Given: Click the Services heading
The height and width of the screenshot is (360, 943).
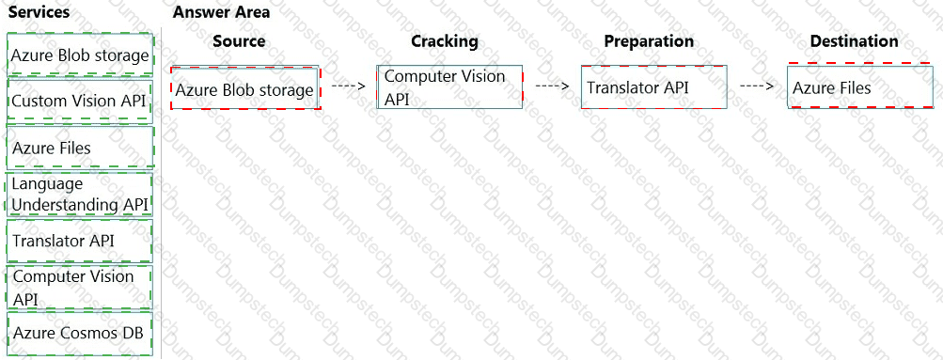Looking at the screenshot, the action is pyautogui.click(x=39, y=12).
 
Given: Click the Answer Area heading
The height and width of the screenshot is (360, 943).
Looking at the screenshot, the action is pyautogui.click(x=221, y=12).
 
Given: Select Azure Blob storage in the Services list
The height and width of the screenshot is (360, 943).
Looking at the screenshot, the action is pyautogui.click(x=81, y=55).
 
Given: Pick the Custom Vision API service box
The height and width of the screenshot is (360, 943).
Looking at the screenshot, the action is pyautogui.click(x=81, y=101).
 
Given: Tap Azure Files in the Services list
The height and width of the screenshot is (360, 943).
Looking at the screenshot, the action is pyautogui.click(x=81, y=148).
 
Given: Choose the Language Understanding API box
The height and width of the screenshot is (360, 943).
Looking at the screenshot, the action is pyautogui.click(x=81, y=195).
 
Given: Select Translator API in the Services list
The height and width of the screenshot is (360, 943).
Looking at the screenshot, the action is pyautogui.click(x=81, y=241).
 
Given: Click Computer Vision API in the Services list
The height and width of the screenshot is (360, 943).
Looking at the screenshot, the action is pyautogui.click(x=81, y=287).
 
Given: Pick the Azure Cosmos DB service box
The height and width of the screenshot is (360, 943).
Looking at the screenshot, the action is pyautogui.click(x=81, y=333).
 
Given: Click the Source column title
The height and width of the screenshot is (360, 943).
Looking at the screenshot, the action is pyautogui.click(x=239, y=40).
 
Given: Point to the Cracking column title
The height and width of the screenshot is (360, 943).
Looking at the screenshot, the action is pyautogui.click(x=445, y=40).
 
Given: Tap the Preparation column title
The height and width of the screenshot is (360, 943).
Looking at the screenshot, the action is pyautogui.click(x=649, y=40).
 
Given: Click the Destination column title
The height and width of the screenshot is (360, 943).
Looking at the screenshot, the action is pyautogui.click(x=855, y=40).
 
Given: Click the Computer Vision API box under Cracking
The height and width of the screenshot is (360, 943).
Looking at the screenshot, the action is pyautogui.click(x=449, y=86).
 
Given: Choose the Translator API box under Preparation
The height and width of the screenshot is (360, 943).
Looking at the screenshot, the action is pyautogui.click(x=654, y=86).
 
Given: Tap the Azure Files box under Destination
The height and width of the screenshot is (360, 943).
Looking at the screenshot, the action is pyautogui.click(x=860, y=86).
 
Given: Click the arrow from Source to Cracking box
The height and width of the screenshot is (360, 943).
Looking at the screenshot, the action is pyautogui.click(x=349, y=86).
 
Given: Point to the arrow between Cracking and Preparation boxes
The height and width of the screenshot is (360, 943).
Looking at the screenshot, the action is pyautogui.click(x=552, y=86).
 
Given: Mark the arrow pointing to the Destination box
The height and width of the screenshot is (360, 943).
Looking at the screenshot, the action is pyautogui.click(x=757, y=86).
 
